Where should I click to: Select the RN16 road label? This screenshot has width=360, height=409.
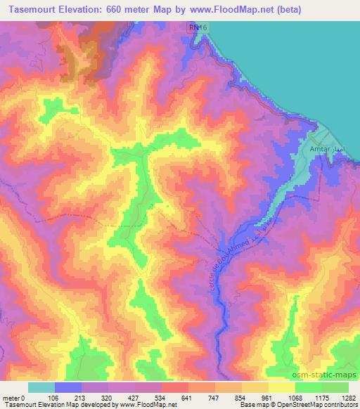(x=198, y=27)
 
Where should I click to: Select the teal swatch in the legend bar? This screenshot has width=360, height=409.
(x=41, y=387)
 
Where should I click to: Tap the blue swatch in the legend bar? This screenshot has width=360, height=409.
(x=68, y=387)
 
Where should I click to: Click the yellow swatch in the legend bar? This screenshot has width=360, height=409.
(x=282, y=387)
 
